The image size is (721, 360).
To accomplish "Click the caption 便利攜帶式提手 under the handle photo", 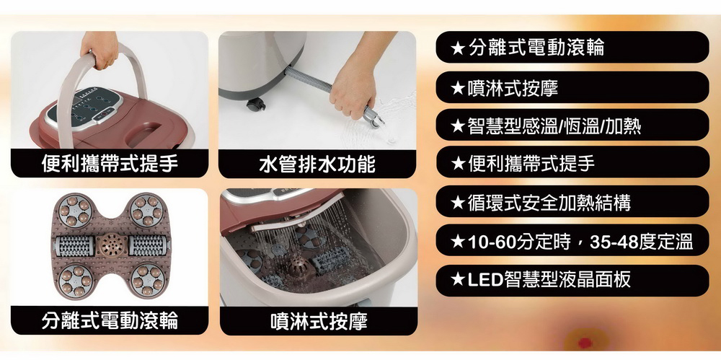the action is pyautogui.click(x=110, y=163).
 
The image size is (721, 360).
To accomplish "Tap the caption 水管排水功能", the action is pyautogui.click(x=317, y=164).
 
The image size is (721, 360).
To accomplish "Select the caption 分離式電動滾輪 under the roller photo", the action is pyautogui.click(x=110, y=320).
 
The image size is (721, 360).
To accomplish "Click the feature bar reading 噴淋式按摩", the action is pyautogui.click(x=572, y=87).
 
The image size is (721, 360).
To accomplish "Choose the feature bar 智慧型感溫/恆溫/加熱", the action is pyautogui.click(x=572, y=125).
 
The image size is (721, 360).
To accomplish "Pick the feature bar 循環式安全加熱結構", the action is pyautogui.click(x=572, y=201).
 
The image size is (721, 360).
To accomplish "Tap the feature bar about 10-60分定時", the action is pyautogui.click(x=572, y=240).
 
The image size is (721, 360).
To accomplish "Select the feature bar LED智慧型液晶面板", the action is pyautogui.click(x=572, y=280).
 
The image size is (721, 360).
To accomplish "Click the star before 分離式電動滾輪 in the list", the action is pyautogui.click(x=457, y=48).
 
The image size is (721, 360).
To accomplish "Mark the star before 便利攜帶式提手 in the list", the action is pyautogui.click(x=457, y=162).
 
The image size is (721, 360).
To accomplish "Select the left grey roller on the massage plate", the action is pyautogui.click(x=74, y=245).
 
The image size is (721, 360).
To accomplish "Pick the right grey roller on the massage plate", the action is pyautogui.click(x=146, y=245).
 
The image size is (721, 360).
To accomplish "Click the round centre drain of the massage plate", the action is pyautogui.click(x=110, y=245).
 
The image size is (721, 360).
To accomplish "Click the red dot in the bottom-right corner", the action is pyautogui.click(x=585, y=343).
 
